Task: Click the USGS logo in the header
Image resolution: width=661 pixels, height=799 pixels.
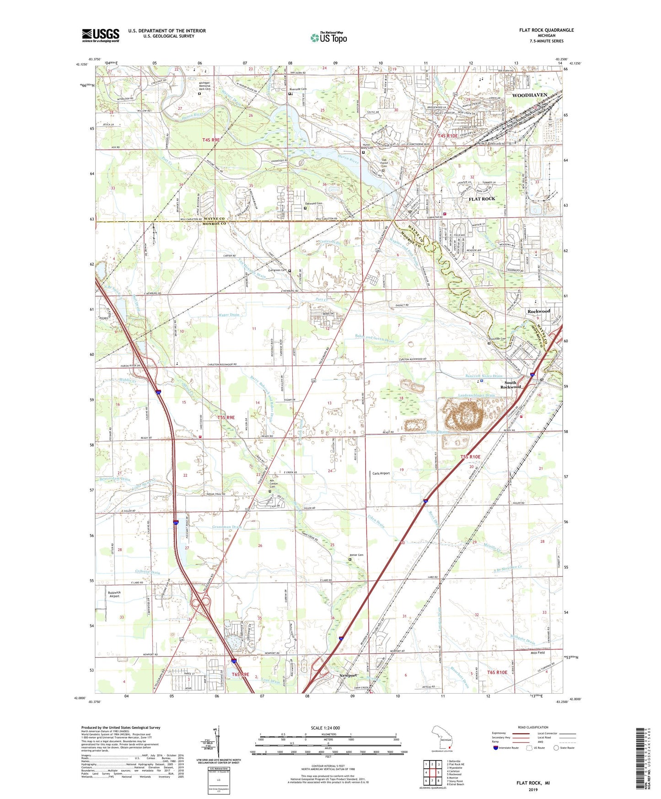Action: [x=100, y=35]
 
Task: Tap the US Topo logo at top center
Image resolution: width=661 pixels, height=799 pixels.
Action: [x=328, y=38]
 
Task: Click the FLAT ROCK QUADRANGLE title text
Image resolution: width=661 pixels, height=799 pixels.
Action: [x=546, y=30]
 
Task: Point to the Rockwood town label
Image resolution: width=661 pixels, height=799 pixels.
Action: [x=538, y=311]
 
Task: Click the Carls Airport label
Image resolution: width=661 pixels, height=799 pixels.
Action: [x=381, y=473]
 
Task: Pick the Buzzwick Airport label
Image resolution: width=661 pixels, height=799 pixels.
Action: [x=114, y=594]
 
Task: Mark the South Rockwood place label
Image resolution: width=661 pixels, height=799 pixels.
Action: [x=510, y=384]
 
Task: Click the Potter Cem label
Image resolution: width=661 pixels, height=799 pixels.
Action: [x=357, y=556]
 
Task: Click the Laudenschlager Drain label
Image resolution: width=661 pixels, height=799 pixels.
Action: [x=477, y=395]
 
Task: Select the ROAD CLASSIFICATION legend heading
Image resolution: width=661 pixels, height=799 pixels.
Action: [x=533, y=727]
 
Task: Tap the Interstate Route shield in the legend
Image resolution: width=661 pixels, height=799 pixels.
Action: [x=496, y=748]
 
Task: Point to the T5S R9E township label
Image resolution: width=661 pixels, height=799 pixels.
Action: [x=226, y=417]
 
